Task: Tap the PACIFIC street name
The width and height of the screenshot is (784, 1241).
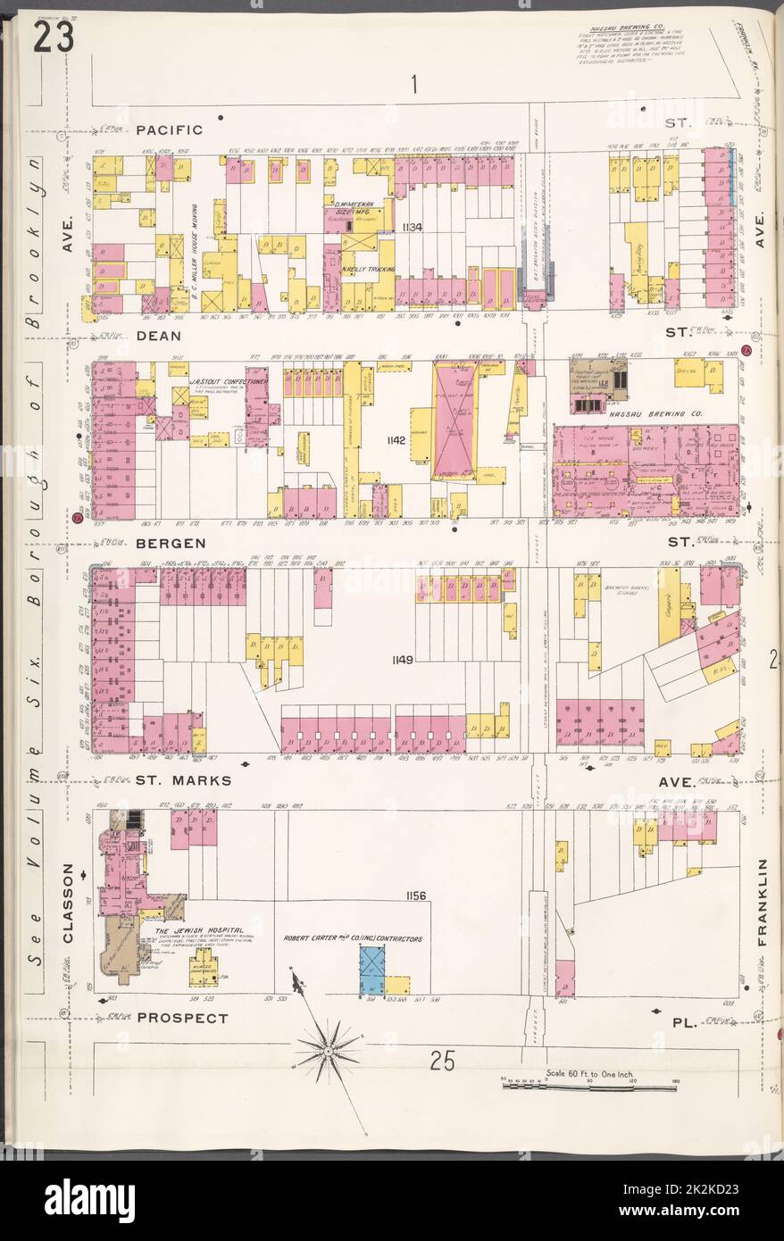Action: click(x=170, y=129)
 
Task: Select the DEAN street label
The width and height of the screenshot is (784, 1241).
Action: click(x=159, y=337)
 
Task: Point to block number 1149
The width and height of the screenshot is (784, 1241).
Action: click(x=401, y=660)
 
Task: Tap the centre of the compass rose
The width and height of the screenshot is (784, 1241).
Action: click(x=329, y=1051)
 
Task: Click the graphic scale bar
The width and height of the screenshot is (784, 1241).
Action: click(x=588, y=1087)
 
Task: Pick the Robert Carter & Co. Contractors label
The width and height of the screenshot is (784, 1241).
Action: click(x=352, y=939)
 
